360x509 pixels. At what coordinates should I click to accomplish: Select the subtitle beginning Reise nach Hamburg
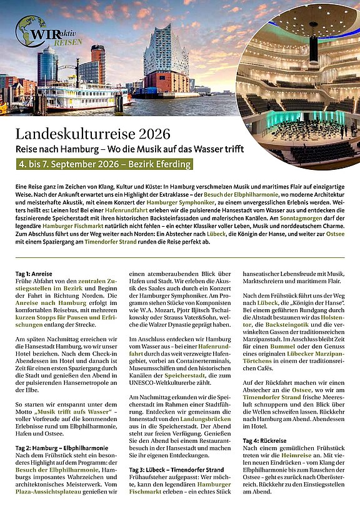[x=129, y=149]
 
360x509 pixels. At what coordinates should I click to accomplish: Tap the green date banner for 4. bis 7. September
[x=103, y=165]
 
